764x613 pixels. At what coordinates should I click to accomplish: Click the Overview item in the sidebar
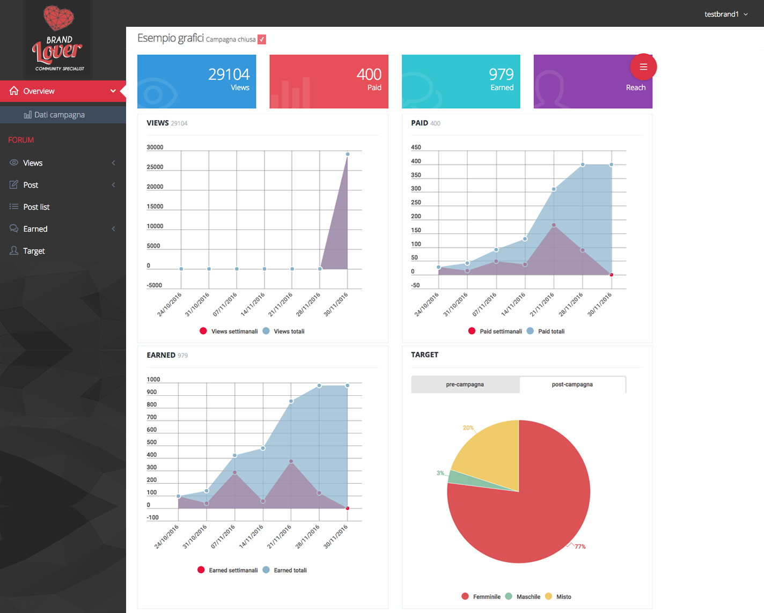[39, 91]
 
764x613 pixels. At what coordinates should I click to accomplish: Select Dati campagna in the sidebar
[59, 115]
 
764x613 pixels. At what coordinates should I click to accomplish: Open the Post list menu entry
[36, 207]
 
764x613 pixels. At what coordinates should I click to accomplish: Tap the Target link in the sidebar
[34, 251]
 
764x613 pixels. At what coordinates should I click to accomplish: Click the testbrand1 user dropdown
[725, 14]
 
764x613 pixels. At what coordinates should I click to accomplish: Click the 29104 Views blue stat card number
[229, 75]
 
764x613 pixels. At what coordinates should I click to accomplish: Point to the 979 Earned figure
[501, 75]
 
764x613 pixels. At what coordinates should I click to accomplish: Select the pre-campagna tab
[465, 385]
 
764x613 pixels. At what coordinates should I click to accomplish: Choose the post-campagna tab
[572, 385]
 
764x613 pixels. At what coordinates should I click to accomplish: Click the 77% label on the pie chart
[580, 546]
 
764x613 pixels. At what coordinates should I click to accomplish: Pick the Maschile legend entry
[528, 597]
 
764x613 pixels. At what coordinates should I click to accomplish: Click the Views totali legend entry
[289, 331]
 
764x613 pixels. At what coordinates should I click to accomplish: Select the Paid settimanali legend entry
[501, 331]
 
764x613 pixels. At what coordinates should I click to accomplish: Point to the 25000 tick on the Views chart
[155, 167]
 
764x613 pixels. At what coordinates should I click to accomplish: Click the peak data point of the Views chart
[348, 154]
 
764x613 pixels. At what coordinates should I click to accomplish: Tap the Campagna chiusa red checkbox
[262, 39]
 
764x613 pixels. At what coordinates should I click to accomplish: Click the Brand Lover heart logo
[58, 17]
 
